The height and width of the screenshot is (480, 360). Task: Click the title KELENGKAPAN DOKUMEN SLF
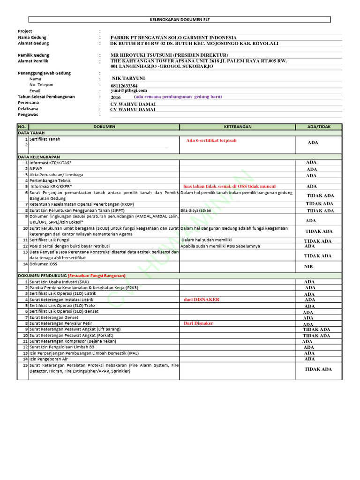(x=180, y=20)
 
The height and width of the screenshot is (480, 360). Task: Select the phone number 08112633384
(x=124, y=86)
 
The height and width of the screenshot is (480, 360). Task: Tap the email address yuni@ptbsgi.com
(x=129, y=90)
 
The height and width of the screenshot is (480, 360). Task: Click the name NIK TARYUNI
(x=128, y=78)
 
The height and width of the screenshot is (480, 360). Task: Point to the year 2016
(x=116, y=97)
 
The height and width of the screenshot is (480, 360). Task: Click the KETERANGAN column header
(x=237, y=127)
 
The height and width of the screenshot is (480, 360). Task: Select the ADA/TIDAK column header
(x=318, y=127)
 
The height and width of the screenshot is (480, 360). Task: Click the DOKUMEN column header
(x=104, y=127)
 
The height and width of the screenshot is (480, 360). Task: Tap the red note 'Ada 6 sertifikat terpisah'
(x=211, y=141)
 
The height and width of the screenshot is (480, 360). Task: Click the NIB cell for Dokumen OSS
(x=308, y=266)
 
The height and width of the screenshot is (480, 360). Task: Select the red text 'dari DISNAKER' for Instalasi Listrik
(x=202, y=300)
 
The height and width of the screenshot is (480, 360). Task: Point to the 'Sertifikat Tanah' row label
(x=45, y=139)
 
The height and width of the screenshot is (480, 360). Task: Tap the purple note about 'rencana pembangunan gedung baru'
(x=178, y=97)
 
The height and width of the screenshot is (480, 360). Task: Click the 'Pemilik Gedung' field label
(x=33, y=55)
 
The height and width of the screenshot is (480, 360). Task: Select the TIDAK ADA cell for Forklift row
(x=316, y=336)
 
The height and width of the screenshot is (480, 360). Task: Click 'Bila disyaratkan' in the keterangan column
(x=195, y=210)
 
